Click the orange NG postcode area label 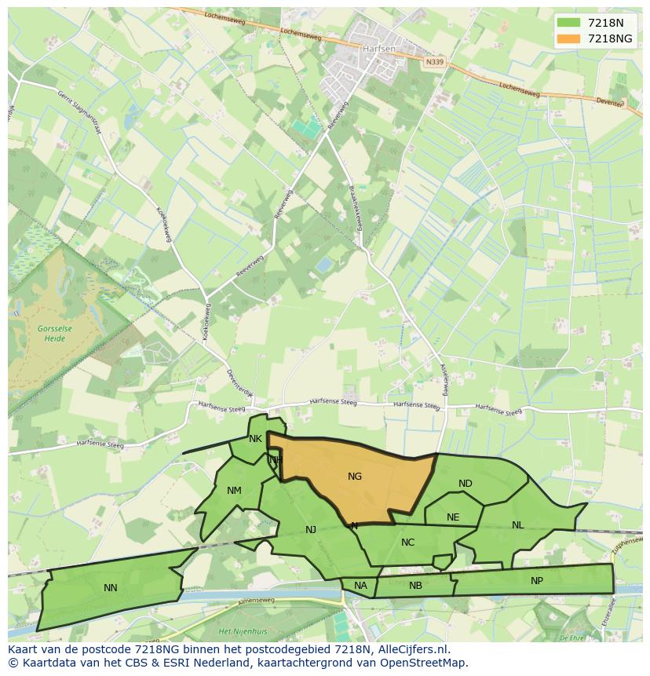pos(355,476)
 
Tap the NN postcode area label pos(111,587)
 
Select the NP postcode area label pos(537,581)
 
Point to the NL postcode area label pos(517,524)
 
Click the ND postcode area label pos(466,483)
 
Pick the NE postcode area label pos(453,517)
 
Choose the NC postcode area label pos(407,542)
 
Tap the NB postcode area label pos(415,585)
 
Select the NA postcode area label pos(360,585)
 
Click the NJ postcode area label pos(311,529)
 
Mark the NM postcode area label pos(234,491)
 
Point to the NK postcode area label pos(255,439)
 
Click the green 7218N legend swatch pos(568,23)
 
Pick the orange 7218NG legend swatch pos(568,38)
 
